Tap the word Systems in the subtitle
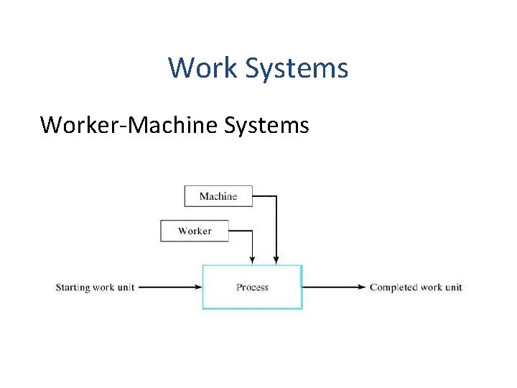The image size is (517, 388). (x=267, y=125)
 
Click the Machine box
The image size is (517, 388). (x=218, y=196)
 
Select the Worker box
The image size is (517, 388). (x=195, y=231)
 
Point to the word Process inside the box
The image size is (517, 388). (x=252, y=287)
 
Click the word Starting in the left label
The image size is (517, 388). (x=73, y=288)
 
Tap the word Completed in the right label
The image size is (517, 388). (x=393, y=287)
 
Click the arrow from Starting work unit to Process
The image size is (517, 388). (x=169, y=287)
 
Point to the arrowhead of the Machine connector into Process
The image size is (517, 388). (x=276, y=260)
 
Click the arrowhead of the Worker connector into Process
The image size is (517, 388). (x=251, y=260)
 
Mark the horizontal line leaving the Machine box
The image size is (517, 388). (x=264, y=195)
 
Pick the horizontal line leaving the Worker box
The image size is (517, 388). (x=241, y=231)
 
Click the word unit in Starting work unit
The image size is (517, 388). (x=125, y=288)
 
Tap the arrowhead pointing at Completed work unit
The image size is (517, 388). (x=362, y=287)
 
